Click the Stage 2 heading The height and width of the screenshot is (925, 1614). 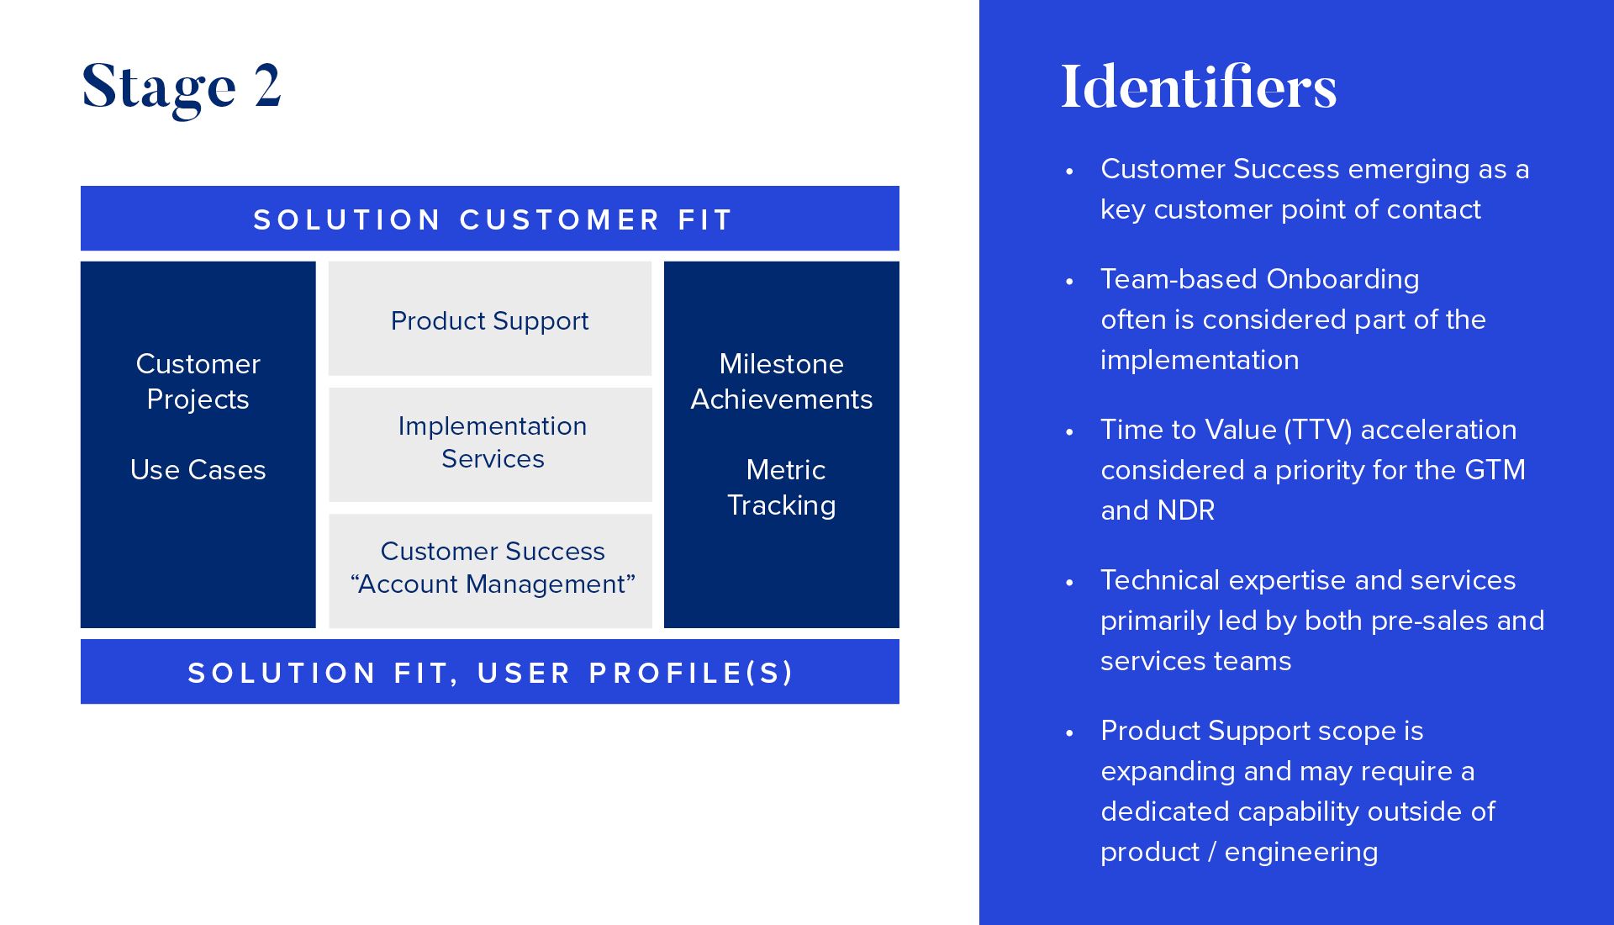click(x=181, y=86)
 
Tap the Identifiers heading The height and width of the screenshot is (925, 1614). click(x=1198, y=87)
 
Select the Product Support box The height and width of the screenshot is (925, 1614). click(x=489, y=320)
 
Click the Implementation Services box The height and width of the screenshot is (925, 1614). click(x=491, y=443)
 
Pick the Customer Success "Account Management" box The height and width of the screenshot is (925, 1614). click(x=491, y=569)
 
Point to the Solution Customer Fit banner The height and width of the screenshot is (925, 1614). click(x=490, y=219)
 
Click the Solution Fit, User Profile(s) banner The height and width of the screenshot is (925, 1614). click(x=490, y=672)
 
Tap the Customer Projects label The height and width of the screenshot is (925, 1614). click(x=198, y=381)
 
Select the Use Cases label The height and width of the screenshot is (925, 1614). click(x=198, y=469)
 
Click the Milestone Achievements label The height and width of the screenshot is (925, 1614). click(x=782, y=381)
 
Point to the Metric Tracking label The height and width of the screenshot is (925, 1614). click(x=782, y=487)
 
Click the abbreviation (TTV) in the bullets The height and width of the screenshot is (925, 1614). click(x=1317, y=430)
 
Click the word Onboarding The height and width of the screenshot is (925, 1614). click(x=1342, y=279)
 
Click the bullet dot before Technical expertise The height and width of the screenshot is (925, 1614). click(x=1069, y=582)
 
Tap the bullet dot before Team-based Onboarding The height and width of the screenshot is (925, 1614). click(x=1069, y=281)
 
